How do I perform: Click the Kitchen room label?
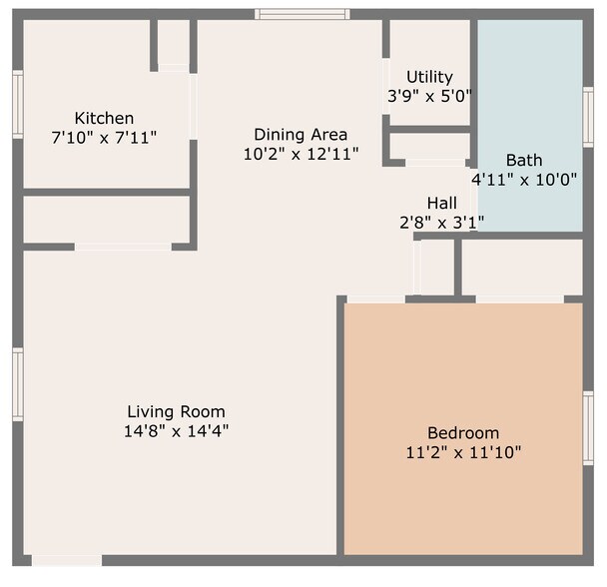click(104, 118)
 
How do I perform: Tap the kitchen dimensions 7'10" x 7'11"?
click(104, 136)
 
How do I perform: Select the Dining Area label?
click(301, 135)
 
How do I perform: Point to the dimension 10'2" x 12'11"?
click(301, 154)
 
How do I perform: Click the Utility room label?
click(429, 77)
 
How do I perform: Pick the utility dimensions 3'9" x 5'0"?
click(429, 96)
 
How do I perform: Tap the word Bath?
click(524, 160)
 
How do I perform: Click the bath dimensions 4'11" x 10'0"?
click(524, 179)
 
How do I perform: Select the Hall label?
click(441, 204)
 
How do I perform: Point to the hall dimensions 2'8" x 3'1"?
click(441, 223)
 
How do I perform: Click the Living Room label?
click(176, 411)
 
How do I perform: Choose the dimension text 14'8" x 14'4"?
click(176, 431)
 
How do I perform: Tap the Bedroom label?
click(463, 433)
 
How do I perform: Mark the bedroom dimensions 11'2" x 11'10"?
click(463, 452)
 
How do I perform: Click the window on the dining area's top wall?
click(302, 14)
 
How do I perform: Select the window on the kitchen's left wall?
click(17, 105)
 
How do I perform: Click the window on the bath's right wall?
click(588, 118)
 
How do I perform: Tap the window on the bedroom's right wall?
click(588, 428)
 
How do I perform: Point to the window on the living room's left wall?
click(17, 383)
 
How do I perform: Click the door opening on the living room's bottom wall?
click(66, 560)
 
